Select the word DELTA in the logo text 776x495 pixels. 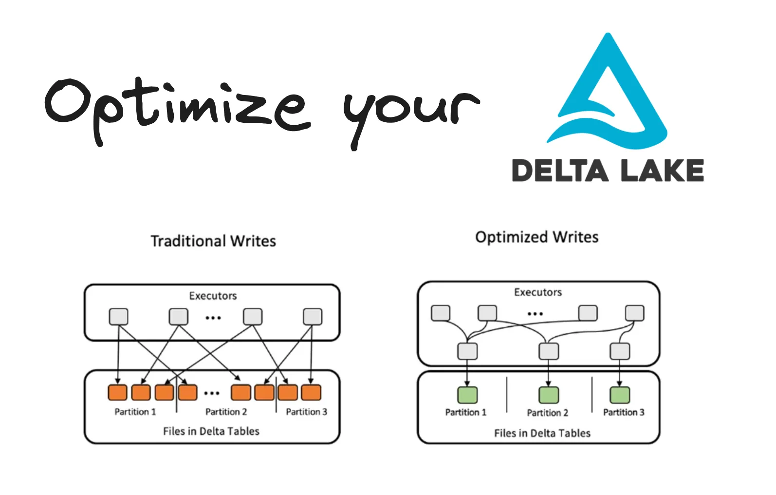coord(560,171)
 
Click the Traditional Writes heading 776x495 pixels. coord(213,241)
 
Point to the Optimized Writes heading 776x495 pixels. coord(537,237)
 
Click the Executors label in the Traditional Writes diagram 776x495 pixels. coord(213,296)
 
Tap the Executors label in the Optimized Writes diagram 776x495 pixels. coord(538,292)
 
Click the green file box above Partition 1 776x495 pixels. coord(467,395)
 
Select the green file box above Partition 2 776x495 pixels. coord(549,395)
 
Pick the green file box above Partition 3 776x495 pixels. coord(620,395)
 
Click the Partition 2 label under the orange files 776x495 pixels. coord(226,412)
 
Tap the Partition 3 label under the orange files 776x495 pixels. coord(306,412)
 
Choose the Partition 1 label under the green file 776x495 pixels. coord(465,413)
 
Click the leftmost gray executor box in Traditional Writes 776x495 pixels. coord(118,317)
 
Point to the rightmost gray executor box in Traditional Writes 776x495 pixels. coord(312,317)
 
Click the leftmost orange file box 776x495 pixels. coord(117,392)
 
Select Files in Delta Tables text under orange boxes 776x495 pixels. coord(211,431)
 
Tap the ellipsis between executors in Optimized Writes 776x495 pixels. coord(535,314)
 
